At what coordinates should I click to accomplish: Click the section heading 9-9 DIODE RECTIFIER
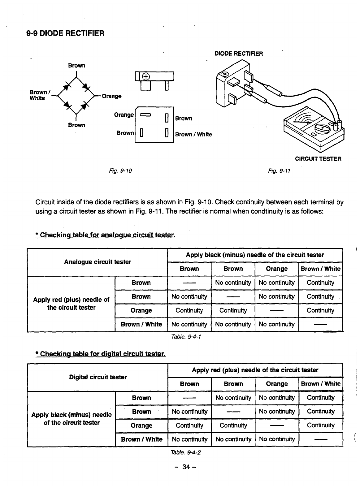pyautogui.click(x=65, y=33)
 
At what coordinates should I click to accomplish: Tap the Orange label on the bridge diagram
pyautogui.click(x=112, y=96)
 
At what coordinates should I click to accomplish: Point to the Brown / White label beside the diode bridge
pyautogui.click(x=40, y=95)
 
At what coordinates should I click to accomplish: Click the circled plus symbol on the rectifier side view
pyautogui.click(x=146, y=77)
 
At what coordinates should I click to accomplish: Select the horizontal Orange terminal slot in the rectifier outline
pyautogui.click(x=145, y=115)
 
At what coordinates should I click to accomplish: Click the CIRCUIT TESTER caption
pyautogui.click(x=318, y=159)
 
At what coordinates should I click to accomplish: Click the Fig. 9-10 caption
pyautogui.click(x=120, y=171)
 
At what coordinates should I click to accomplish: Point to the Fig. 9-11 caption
pyautogui.click(x=279, y=171)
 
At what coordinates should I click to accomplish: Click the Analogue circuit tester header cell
pyautogui.click(x=98, y=262)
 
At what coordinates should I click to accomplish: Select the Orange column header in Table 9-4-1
pyautogui.click(x=277, y=269)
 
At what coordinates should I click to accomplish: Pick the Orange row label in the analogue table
pyautogui.click(x=141, y=311)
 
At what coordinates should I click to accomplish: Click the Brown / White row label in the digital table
pyautogui.click(x=142, y=439)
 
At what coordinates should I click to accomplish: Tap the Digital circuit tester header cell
pyautogui.click(x=98, y=377)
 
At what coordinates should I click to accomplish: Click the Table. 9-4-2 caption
pyautogui.click(x=186, y=452)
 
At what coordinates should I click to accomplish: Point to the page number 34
pyautogui.click(x=186, y=467)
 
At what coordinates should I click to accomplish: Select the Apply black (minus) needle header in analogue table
pyautogui.click(x=255, y=255)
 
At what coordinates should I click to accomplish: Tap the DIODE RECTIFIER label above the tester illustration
pyautogui.click(x=238, y=54)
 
